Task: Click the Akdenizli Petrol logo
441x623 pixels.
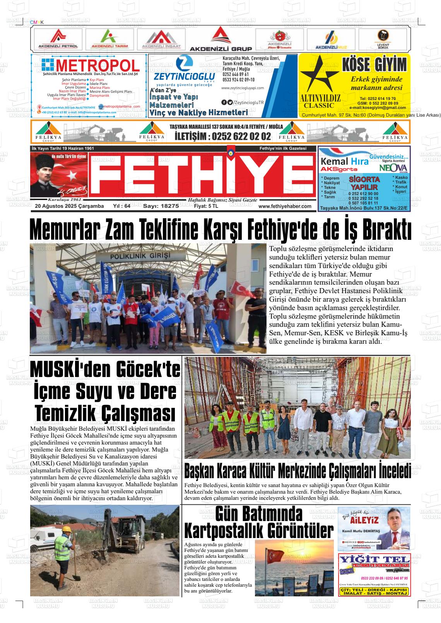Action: (x=58, y=39)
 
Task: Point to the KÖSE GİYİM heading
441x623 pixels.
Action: (x=374, y=65)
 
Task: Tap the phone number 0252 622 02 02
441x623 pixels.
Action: (x=223, y=136)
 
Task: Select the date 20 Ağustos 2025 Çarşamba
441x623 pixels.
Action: (x=69, y=206)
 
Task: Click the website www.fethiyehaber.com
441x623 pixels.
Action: (x=285, y=206)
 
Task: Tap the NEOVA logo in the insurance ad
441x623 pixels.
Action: (x=393, y=168)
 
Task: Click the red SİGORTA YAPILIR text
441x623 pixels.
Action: (x=364, y=183)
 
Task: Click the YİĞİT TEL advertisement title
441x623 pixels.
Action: (x=374, y=560)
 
